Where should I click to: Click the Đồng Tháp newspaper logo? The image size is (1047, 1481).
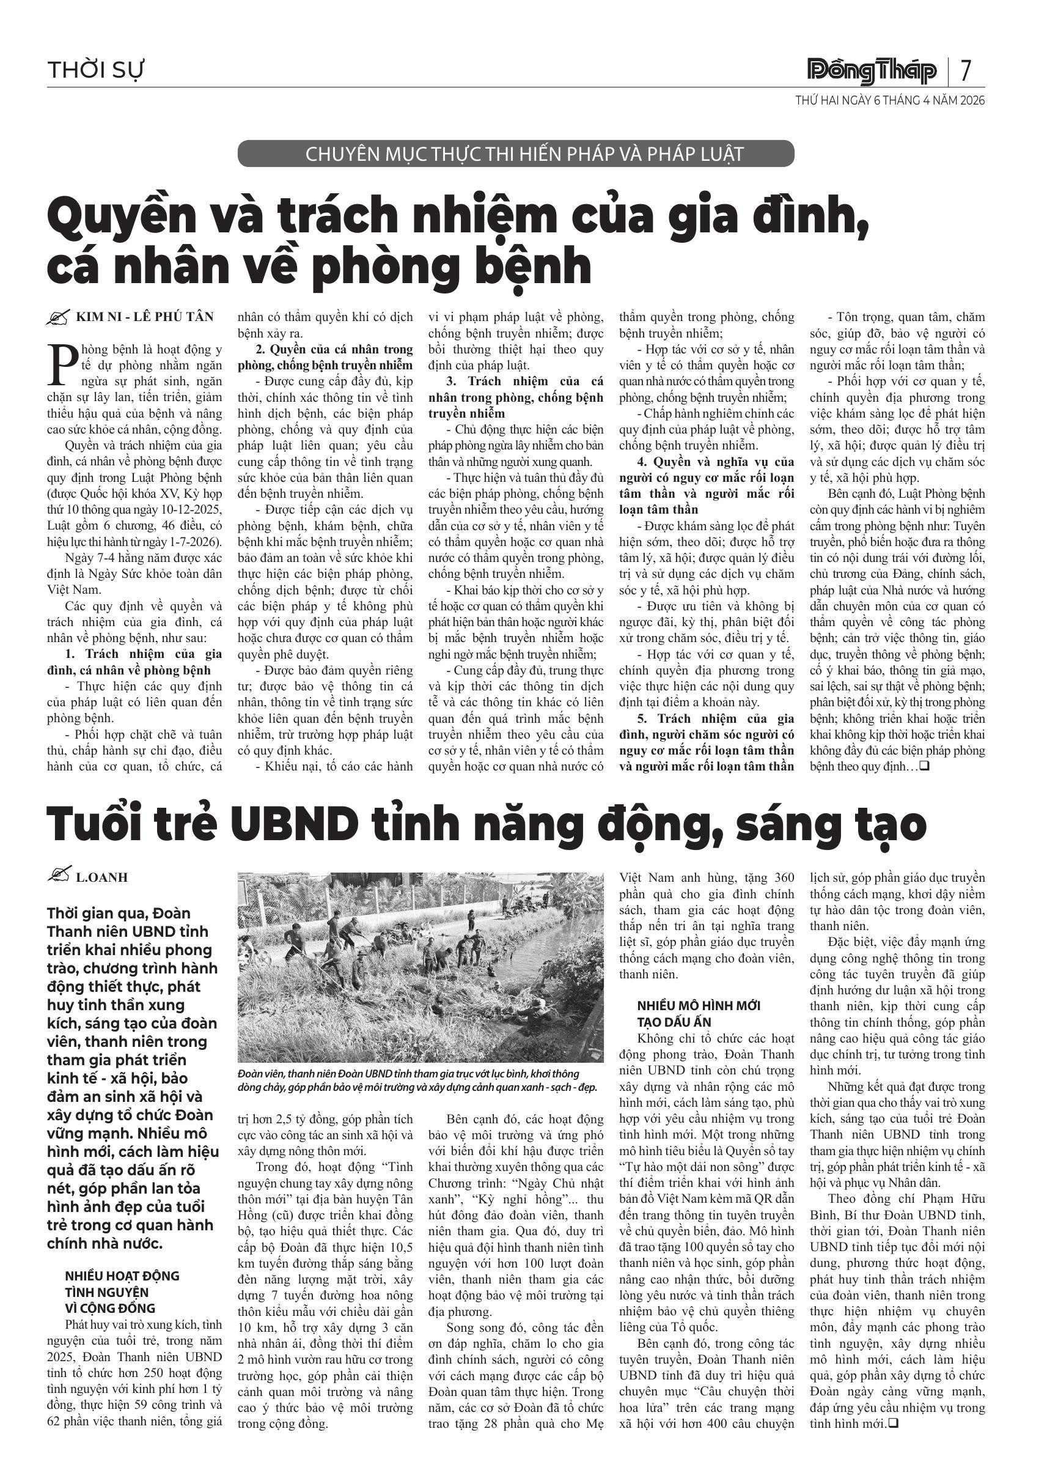tap(872, 70)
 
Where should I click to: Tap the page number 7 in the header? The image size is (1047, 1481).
tap(965, 70)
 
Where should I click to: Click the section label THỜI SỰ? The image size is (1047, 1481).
tap(95, 70)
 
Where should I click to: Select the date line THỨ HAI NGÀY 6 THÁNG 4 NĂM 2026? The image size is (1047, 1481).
tap(890, 101)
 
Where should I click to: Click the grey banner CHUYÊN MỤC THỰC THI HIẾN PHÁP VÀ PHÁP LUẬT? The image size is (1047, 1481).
tap(516, 154)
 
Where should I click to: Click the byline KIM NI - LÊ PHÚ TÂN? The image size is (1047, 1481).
tap(144, 317)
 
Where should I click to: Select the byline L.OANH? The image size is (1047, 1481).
tap(102, 877)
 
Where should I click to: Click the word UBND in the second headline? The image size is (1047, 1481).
tap(295, 824)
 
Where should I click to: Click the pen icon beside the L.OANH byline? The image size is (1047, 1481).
tap(59, 876)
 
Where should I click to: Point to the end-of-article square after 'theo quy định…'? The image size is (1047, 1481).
tap(924, 766)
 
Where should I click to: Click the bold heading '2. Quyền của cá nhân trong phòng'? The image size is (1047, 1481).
tap(326, 356)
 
